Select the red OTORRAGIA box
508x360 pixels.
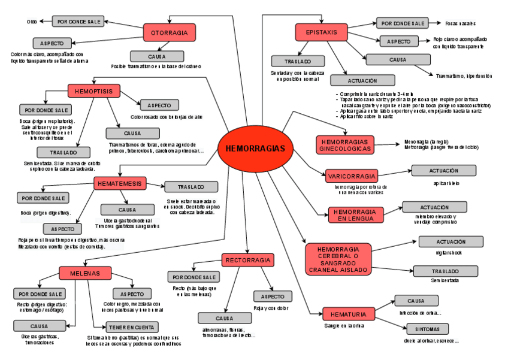[x=170, y=32]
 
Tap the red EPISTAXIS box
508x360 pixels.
[x=321, y=32]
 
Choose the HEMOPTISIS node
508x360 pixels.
[x=94, y=91]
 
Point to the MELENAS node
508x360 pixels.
[x=85, y=273]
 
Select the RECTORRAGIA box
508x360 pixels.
[x=248, y=260]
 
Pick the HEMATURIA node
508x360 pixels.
[x=344, y=313]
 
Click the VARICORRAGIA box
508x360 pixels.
[x=352, y=176]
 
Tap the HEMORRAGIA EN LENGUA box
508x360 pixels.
[x=354, y=215]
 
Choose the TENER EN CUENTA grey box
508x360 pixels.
[x=132, y=327]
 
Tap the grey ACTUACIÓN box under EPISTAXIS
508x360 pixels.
[x=362, y=80]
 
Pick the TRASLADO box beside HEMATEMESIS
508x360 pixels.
[x=191, y=187]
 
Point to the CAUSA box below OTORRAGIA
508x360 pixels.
[x=156, y=56]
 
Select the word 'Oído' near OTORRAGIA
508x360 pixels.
[x=32, y=22]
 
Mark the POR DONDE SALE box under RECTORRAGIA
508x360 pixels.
[x=195, y=277]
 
